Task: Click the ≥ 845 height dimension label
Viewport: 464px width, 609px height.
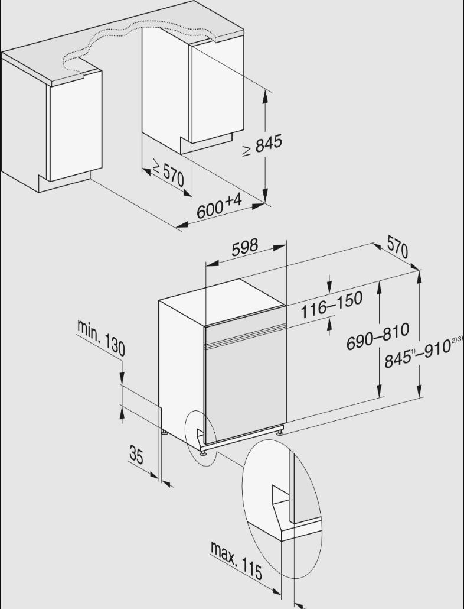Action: tap(262, 145)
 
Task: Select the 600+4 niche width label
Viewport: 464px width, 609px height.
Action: tap(220, 206)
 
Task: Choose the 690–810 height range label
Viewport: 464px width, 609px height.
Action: tap(378, 336)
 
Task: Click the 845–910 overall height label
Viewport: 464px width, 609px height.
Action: tap(423, 351)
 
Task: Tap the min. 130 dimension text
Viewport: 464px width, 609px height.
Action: tap(101, 338)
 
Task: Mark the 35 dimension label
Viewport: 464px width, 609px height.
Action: tap(136, 455)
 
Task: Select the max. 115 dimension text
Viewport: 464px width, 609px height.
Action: tap(236, 560)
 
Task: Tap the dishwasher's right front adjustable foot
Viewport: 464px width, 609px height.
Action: tap(279, 431)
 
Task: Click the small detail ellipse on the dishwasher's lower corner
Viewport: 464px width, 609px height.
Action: tap(200, 438)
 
